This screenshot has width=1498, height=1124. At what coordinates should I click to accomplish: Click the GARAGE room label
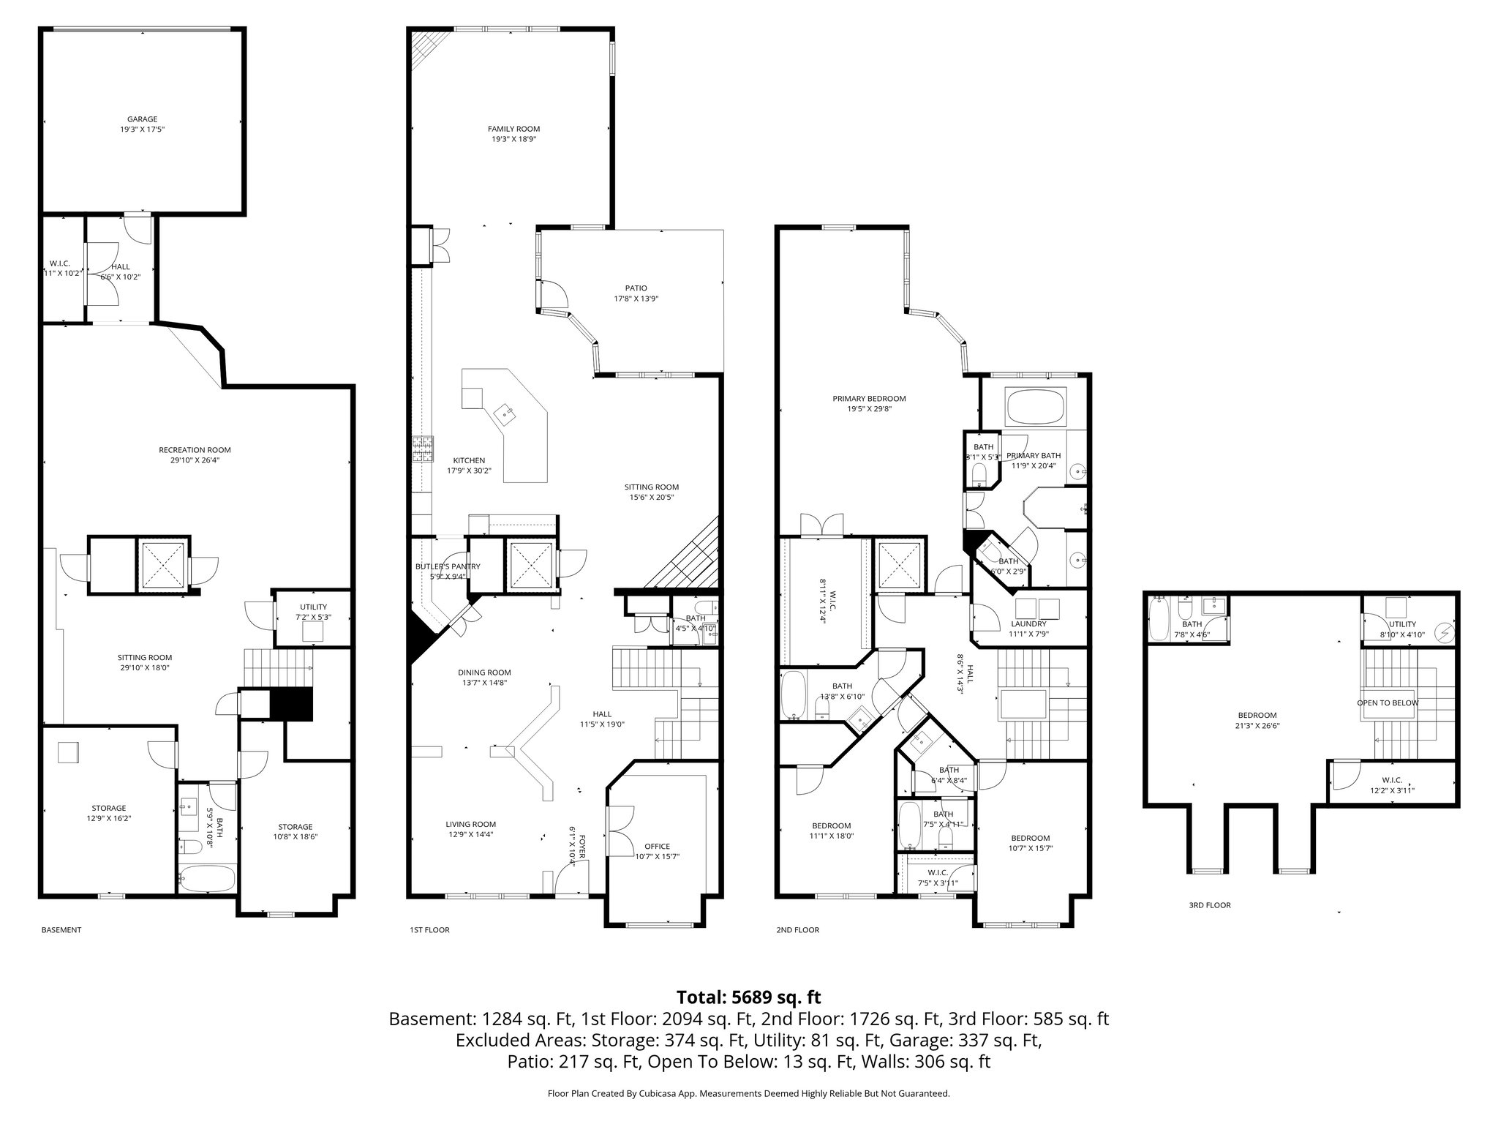[x=142, y=119]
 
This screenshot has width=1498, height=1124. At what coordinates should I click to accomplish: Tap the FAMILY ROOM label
[x=513, y=130]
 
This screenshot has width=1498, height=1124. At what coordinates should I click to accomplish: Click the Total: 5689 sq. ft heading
[x=748, y=997]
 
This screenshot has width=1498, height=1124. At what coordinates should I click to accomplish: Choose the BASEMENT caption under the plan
[x=61, y=930]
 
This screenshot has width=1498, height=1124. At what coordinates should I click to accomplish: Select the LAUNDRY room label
[x=1028, y=624]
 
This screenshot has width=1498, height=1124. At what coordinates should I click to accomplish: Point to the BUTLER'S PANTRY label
[x=448, y=566]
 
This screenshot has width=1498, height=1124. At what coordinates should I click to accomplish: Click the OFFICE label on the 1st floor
[x=657, y=847]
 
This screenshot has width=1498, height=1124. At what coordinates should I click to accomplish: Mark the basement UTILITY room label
[x=313, y=607]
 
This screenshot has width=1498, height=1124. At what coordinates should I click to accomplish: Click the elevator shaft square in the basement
[x=162, y=565]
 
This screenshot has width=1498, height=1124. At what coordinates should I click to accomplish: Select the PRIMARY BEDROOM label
[x=869, y=399]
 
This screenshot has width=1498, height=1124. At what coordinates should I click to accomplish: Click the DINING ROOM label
[x=484, y=672]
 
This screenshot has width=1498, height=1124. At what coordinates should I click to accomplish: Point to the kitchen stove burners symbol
[x=423, y=450]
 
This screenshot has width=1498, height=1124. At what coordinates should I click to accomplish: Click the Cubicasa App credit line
[x=748, y=1093]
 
